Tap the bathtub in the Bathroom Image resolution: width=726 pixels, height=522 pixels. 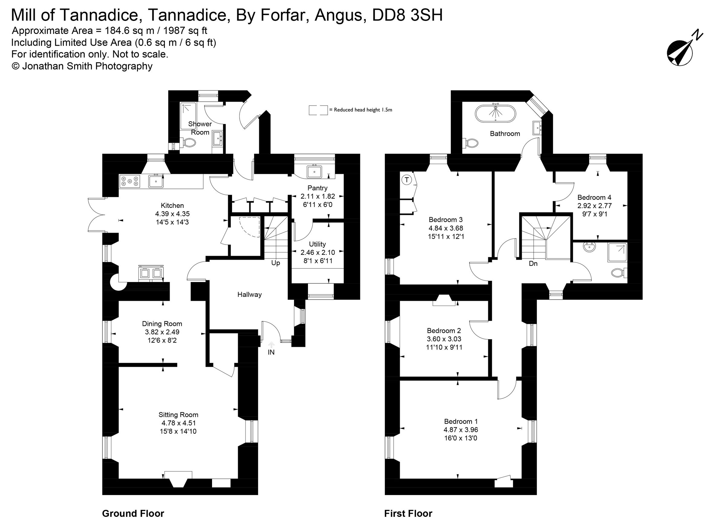[x=495, y=113]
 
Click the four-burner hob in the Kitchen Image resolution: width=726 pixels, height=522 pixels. [x=130, y=181]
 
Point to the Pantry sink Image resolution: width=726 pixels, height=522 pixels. [x=314, y=171]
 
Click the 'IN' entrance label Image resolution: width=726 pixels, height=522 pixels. [x=271, y=352]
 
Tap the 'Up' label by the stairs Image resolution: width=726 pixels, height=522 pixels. [x=276, y=263]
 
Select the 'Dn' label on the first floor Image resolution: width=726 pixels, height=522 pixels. [x=533, y=264]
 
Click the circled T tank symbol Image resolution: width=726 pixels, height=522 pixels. [x=407, y=180]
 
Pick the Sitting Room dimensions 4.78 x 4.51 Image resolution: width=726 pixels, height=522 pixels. [x=178, y=423]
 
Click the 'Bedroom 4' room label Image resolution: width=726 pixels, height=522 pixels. [x=594, y=197]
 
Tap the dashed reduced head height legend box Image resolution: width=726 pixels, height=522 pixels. [x=318, y=110]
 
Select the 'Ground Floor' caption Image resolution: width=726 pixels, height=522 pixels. [x=133, y=513]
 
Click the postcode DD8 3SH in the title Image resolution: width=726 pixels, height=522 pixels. [x=407, y=15]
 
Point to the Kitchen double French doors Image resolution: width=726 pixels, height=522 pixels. [x=96, y=214]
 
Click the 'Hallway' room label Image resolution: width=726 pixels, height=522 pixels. [x=249, y=294]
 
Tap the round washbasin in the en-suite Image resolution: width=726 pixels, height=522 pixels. [x=589, y=247]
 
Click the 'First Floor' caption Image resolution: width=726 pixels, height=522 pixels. [x=408, y=513]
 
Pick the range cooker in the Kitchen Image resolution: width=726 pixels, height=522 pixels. [x=151, y=273]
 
